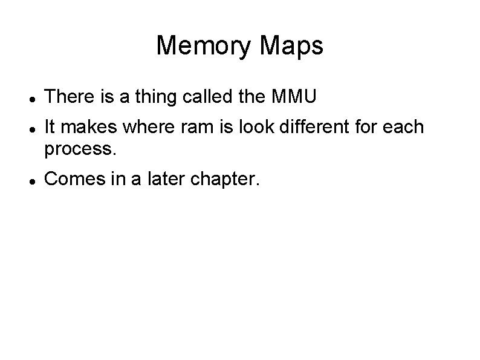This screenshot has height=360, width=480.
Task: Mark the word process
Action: pos(79,148)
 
